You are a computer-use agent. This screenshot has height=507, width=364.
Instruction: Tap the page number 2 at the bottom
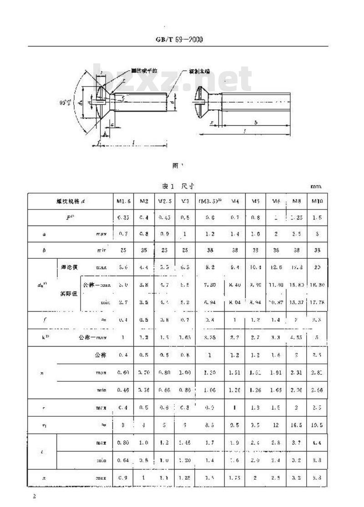tap(34, 496)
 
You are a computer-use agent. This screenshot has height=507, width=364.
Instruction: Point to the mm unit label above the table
tap(316, 186)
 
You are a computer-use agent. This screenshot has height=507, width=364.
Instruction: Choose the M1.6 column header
tap(123, 201)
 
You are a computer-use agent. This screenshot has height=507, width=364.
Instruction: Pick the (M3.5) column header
tap(209, 201)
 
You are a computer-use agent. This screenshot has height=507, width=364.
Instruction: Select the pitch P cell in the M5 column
tap(255, 217)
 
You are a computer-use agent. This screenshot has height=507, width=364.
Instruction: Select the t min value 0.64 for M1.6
tap(123, 460)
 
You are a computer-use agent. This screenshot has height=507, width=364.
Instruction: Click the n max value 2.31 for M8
tap(295, 372)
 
